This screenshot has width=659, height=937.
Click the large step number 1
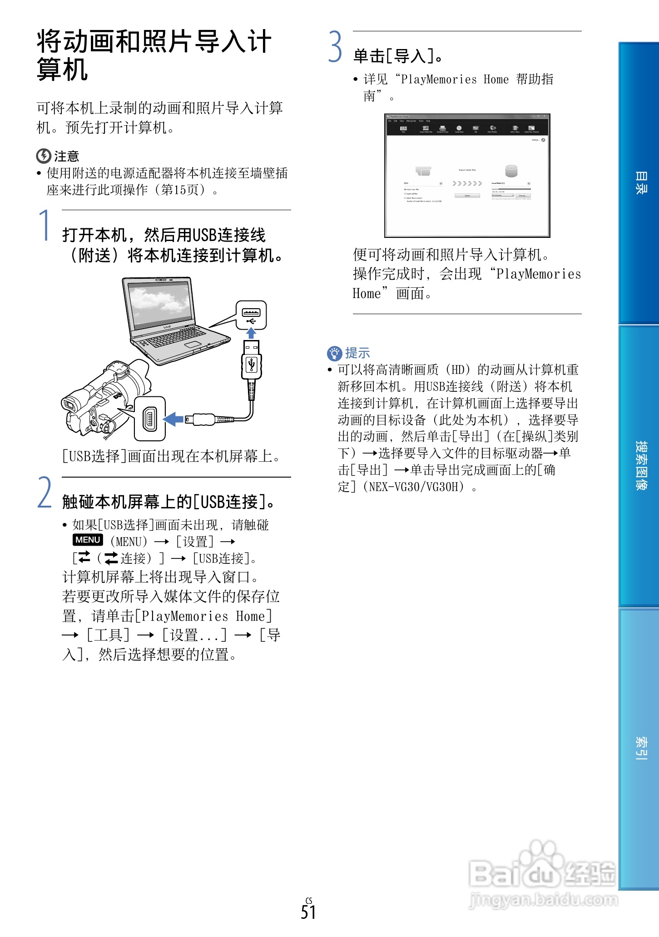[x=45, y=226]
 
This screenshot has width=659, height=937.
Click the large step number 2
[x=45, y=493]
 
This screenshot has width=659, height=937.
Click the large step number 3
[x=335, y=47]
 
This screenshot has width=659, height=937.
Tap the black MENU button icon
[x=88, y=540]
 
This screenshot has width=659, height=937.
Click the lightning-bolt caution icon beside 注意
[x=44, y=156]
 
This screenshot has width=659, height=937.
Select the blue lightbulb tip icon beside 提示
[x=334, y=353]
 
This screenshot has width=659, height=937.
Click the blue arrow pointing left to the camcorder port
[x=173, y=419]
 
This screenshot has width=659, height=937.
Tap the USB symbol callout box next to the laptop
[x=251, y=315]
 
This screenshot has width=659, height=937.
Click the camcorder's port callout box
[x=150, y=419]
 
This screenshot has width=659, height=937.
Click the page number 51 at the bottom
[x=308, y=912]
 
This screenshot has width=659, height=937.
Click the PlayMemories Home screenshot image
[x=467, y=176]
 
